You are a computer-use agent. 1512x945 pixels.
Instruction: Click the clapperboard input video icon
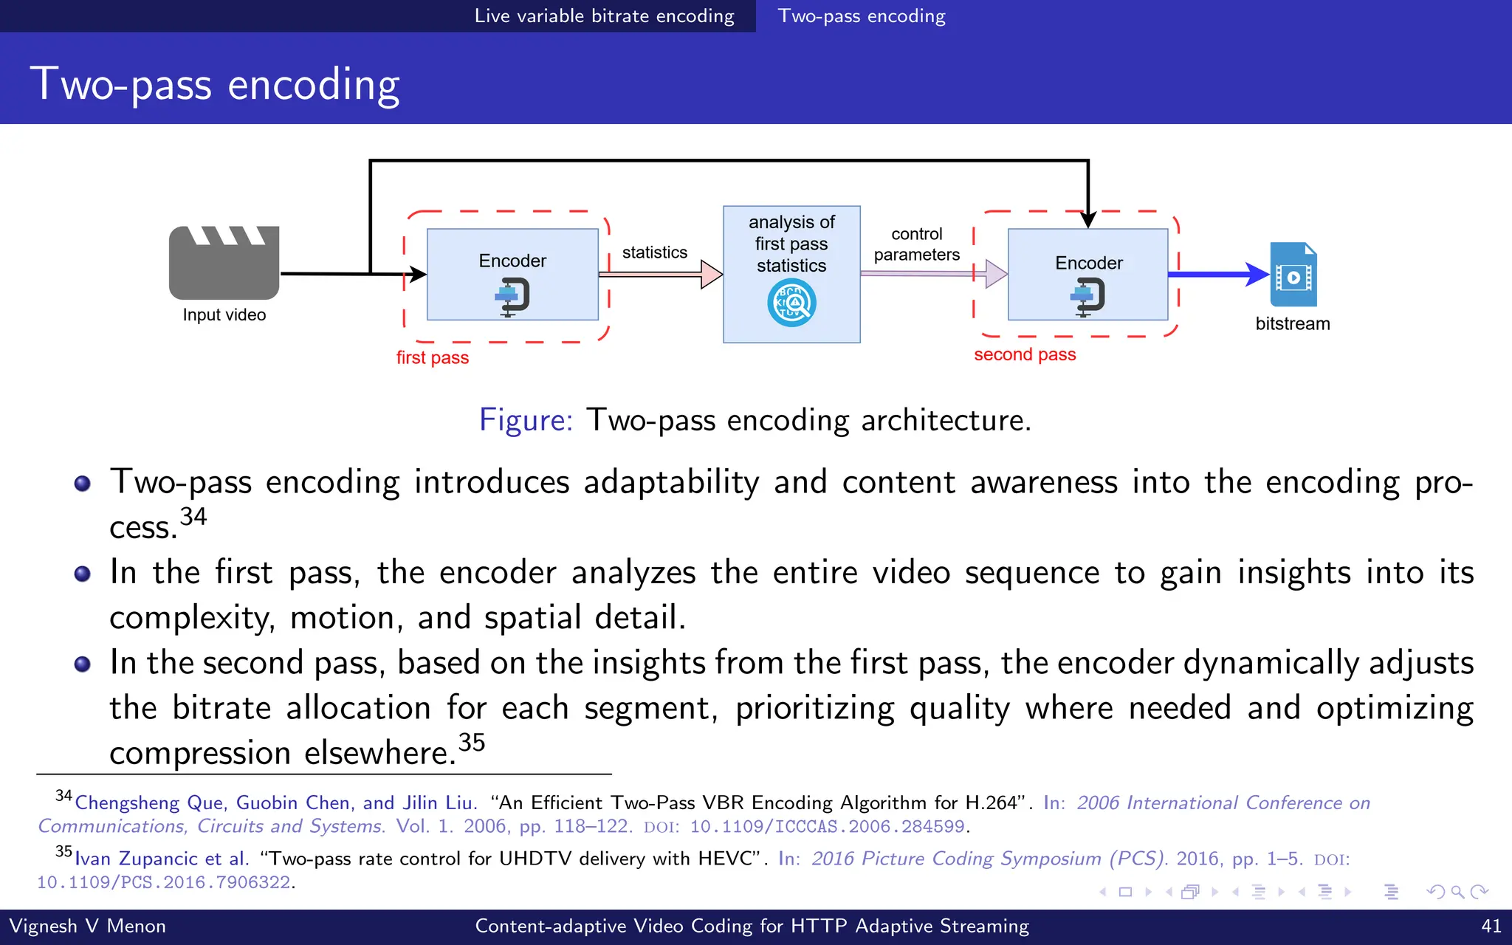[x=224, y=263]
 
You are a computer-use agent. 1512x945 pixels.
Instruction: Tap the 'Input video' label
[x=224, y=315]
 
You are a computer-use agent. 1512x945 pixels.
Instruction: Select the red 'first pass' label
[x=433, y=358]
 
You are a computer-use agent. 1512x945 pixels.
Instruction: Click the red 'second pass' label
[x=1025, y=355]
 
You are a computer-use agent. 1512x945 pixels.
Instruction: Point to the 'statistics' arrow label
[x=654, y=252]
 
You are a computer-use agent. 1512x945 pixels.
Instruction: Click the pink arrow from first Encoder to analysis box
[x=659, y=274]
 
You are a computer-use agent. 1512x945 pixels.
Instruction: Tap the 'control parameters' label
[x=916, y=244]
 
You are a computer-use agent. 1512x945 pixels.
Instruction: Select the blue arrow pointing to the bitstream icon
[x=1218, y=275]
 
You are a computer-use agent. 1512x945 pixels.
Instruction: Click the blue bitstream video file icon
[x=1293, y=275]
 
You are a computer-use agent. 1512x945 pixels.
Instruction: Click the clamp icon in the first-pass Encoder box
[x=512, y=296]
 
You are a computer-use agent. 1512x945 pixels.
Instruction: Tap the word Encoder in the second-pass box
[x=1088, y=264]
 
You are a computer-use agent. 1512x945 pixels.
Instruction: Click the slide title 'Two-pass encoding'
[x=215, y=83]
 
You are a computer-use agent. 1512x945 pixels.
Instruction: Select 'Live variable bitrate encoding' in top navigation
[x=604, y=16]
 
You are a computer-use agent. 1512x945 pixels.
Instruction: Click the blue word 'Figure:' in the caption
[x=526, y=420]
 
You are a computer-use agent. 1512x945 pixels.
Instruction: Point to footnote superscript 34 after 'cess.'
[x=193, y=516]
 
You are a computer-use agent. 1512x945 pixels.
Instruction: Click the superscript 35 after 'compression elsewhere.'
[x=471, y=741]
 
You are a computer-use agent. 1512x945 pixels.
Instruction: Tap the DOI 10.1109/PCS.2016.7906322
[x=164, y=883]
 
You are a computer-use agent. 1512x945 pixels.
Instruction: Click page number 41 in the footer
[x=1491, y=926]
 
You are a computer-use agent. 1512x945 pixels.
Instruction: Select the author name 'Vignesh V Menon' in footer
[x=87, y=926]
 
